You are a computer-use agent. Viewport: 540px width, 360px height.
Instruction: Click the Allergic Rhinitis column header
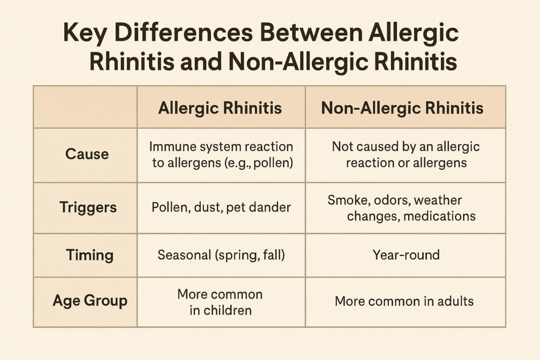pos(220,108)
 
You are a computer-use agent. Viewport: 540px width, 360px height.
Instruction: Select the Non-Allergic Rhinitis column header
pos(402,108)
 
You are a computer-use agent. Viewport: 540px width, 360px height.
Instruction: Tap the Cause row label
pos(87,154)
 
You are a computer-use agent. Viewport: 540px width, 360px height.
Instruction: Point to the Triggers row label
pos(87,207)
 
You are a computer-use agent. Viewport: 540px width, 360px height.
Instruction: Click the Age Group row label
pos(89,301)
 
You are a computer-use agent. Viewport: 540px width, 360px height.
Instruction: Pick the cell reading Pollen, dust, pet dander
pos(221,207)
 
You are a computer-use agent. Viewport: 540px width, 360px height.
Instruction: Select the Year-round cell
pos(406,255)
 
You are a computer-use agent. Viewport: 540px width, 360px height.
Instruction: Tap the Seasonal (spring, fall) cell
pos(221,255)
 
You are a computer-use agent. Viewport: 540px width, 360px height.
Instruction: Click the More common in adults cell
pos(404,302)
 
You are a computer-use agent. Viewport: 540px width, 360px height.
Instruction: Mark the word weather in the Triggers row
pos(438,200)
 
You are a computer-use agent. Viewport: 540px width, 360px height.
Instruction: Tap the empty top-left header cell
pos(85,107)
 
